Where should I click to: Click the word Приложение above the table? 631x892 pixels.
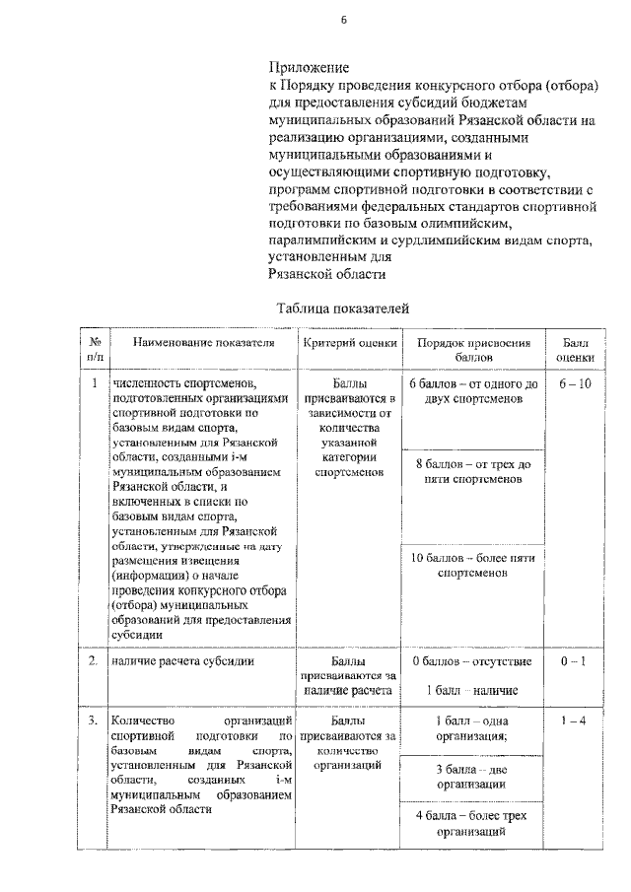pyautogui.click(x=310, y=68)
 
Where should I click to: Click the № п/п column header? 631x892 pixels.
pyautogui.click(x=94, y=350)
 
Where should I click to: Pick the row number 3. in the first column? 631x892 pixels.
pyautogui.click(x=94, y=720)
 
